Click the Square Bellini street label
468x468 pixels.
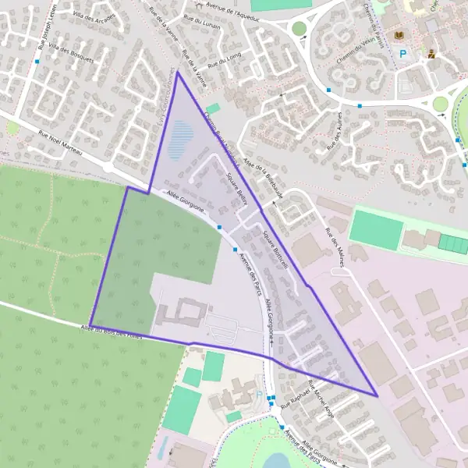(x=238, y=188)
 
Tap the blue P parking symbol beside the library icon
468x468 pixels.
(x=403, y=55)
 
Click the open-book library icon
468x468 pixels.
(x=401, y=36)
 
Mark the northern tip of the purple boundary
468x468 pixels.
(x=177, y=73)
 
